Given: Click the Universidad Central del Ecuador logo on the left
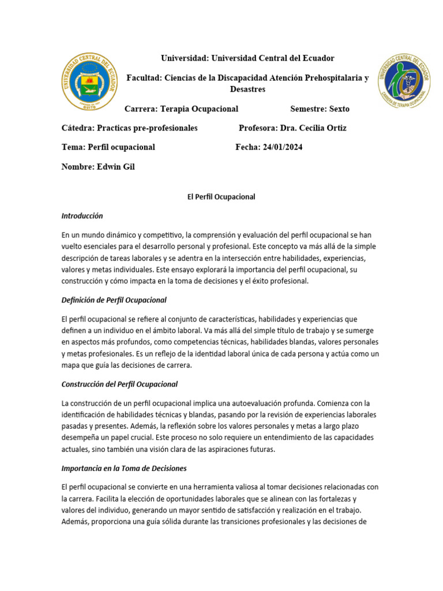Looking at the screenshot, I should (x=89, y=81).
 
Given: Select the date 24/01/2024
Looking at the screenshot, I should (x=282, y=147).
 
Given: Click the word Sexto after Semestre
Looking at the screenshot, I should (x=339, y=109).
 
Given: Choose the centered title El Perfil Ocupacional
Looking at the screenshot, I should (x=221, y=197).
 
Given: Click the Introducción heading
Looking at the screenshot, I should (x=82, y=216).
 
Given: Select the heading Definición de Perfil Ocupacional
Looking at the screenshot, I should (x=114, y=300).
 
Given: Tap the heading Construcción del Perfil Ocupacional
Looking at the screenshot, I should (x=119, y=384).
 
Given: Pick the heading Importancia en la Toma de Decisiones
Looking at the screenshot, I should (x=123, y=468).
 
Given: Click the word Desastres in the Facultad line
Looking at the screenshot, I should (x=247, y=89).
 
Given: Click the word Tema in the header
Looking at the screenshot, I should (x=73, y=147).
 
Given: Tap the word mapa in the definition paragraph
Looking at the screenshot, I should (x=72, y=365).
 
